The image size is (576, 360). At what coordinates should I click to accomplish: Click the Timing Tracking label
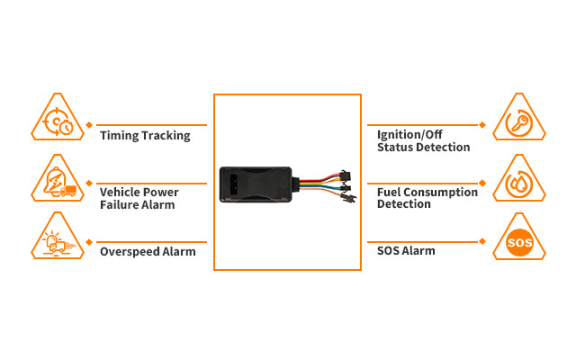pyautogui.click(x=145, y=136)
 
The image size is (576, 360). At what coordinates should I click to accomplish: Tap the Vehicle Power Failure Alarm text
pyautogui.click(x=139, y=198)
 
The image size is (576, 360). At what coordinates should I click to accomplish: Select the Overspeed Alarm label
pyautogui.click(x=148, y=252)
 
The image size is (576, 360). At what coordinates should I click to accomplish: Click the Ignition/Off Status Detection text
pyautogui.click(x=423, y=141)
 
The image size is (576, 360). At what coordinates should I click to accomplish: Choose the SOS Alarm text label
pyautogui.click(x=406, y=251)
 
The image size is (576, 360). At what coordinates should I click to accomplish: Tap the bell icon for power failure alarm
pyautogui.click(x=58, y=179)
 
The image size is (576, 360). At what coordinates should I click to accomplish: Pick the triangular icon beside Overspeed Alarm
pyautogui.click(x=58, y=238)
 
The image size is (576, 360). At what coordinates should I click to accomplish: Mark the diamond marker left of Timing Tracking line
pyautogui.click(x=90, y=125)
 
